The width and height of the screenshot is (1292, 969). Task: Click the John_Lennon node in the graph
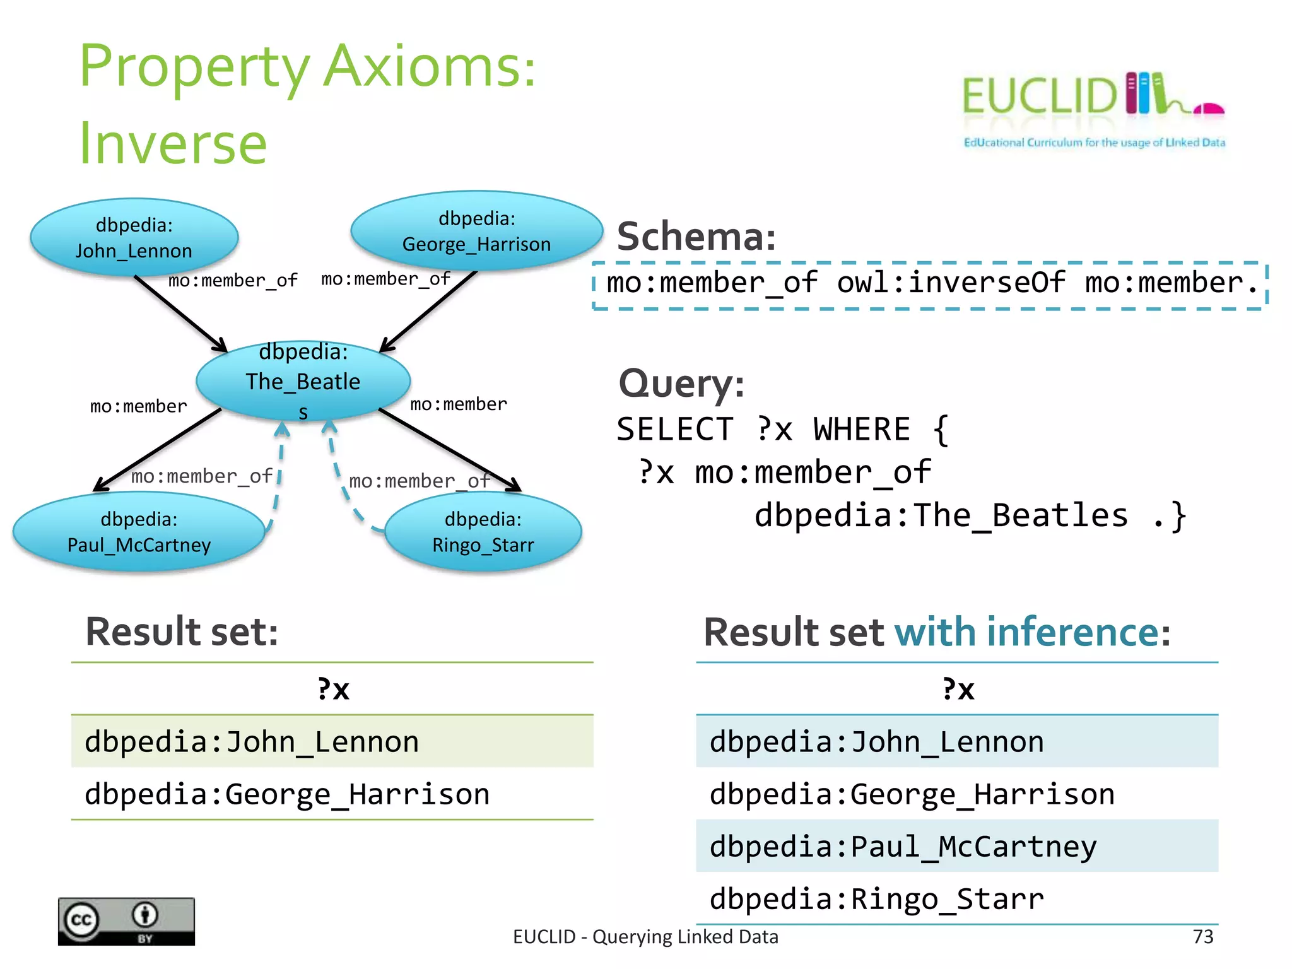pos(134,238)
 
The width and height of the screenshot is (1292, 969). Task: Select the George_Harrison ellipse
pos(476,232)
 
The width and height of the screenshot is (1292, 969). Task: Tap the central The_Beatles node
pos(303,381)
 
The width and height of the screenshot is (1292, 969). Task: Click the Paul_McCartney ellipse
pos(139,532)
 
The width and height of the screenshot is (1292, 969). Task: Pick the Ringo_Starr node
pos(483,532)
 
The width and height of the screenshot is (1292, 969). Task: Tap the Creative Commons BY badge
pos(126,921)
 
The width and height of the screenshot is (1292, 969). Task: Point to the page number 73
pos(1203,936)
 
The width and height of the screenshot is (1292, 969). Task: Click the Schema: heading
pos(696,237)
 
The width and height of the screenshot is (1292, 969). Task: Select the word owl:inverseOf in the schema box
pos(951,282)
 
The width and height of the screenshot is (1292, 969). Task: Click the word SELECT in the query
pos(674,430)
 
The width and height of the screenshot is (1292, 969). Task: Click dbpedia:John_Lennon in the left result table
pos(252,741)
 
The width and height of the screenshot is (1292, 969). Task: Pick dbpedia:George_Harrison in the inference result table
pos(912,794)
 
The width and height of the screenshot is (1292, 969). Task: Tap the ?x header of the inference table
pos(958,688)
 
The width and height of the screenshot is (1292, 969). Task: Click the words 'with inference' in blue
pos(1027,631)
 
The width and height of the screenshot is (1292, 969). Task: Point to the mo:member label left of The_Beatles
pos(138,406)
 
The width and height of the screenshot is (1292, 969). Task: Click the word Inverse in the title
pos(173,144)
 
